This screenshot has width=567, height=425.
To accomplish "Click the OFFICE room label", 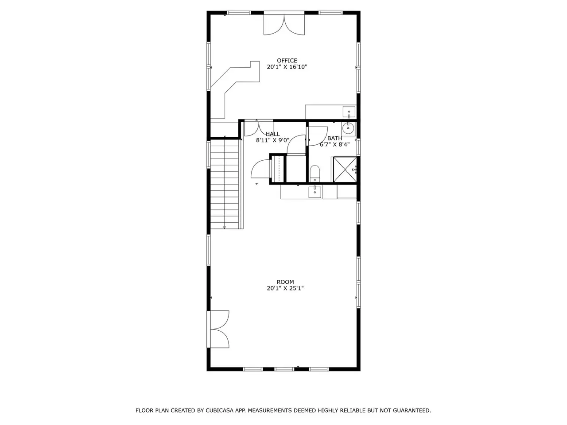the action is click(287, 61).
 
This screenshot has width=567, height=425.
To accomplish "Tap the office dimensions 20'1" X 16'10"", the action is click(287, 67).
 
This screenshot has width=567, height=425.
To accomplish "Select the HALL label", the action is click(272, 134).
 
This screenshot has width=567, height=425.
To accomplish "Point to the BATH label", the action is click(334, 138).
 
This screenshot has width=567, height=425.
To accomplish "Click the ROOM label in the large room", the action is click(285, 282).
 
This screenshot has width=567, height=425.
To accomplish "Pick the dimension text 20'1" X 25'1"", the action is click(285, 288).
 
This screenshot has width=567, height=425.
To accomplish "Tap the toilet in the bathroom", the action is click(315, 174).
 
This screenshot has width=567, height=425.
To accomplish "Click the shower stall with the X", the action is click(345, 169).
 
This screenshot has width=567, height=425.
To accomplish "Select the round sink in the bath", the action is click(349, 128).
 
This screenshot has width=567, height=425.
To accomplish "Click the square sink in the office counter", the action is click(349, 112).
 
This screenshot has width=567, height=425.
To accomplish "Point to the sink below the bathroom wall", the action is click(315, 192).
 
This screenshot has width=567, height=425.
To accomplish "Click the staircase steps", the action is click(225, 184).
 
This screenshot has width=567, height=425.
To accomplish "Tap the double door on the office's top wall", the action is click(284, 24).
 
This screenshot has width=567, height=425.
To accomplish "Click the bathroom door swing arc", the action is click(318, 136).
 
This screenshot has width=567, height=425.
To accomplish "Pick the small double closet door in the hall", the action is click(259, 128).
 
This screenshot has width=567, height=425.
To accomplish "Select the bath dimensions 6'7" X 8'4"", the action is click(334, 144).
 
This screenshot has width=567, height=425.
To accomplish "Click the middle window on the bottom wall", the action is click(284, 369).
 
